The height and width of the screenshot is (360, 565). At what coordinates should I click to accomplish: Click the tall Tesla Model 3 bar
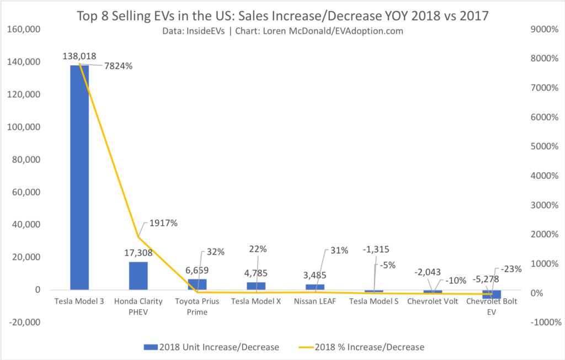[79, 177]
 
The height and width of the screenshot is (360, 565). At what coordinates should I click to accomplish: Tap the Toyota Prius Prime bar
[197, 284]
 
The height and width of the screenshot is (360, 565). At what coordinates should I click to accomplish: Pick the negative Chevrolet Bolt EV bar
[492, 294]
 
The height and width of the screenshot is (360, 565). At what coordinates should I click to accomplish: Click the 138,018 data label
[79, 56]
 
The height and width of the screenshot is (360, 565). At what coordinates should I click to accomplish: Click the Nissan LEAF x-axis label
[315, 302]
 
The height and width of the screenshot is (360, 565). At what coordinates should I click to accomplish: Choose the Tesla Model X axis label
[256, 302]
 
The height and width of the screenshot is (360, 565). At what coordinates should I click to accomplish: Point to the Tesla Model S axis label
[374, 302]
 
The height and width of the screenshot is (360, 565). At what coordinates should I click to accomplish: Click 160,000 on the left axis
[25, 29]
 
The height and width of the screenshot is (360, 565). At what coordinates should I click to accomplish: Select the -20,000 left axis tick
[25, 322]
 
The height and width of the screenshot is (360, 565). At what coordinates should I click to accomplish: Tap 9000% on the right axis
[543, 29]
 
